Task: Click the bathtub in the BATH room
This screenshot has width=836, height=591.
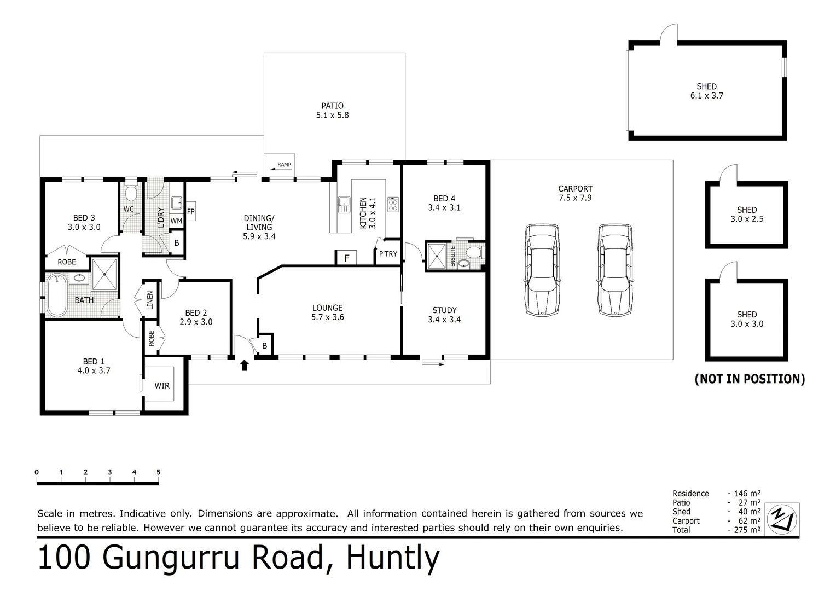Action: click(x=56, y=296)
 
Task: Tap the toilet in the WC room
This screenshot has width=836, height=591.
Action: click(x=131, y=194)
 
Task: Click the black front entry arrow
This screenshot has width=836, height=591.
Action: click(x=244, y=365)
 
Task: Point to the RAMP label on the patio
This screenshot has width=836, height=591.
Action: click(x=284, y=165)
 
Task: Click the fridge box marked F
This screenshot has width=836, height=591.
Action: click(x=346, y=258)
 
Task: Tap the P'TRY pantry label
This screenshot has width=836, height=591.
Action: click(x=388, y=254)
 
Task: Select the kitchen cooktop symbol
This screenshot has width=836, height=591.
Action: click(x=393, y=205)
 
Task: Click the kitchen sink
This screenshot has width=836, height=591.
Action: click(x=344, y=205)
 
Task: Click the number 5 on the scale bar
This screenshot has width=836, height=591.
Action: click(x=158, y=472)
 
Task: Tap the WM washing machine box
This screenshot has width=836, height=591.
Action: click(x=176, y=221)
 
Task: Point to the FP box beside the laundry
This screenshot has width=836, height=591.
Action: click(x=191, y=211)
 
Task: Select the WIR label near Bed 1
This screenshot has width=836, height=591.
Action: click(x=162, y=386)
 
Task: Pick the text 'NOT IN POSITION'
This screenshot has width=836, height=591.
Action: click(x=749, y=379)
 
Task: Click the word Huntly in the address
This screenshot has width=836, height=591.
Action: click(x=393, y=558)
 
